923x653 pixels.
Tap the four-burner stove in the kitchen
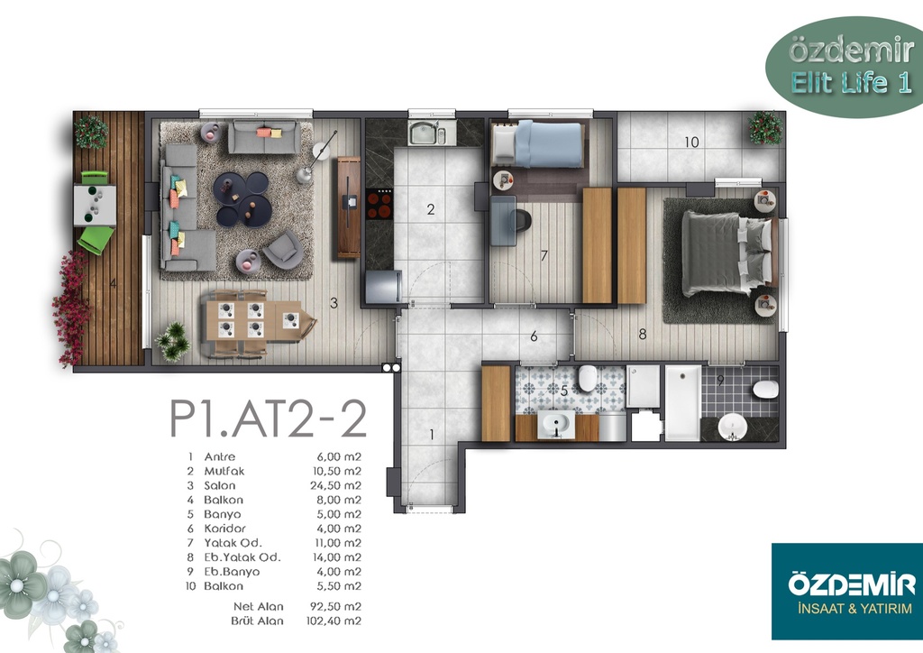click(x=379, y=205)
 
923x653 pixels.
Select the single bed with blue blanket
click(x=537, y=144)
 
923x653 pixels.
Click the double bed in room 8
click(x=727, y=253)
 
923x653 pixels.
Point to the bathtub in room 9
click(x=683, y=403)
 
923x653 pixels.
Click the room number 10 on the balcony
click(x=691, y=142)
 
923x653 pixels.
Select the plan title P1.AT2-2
click(x=269, y=418)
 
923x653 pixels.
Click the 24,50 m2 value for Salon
click(x=335, y=486)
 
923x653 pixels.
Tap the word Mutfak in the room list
click(x=224, y=471)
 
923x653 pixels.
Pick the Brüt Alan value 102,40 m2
click(x=334, y=621)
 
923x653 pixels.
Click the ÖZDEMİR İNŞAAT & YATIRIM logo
click(x=847, y=591)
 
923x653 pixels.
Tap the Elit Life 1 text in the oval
click(x=851, y=83)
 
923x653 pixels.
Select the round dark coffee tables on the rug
click(x=242, y=198)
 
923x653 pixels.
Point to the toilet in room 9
click(x=765, y=390)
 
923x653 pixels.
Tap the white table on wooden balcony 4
click(x=95, y=206)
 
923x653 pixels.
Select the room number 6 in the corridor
click(x=534, y=336)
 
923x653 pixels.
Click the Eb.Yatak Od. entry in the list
click(x=242, y=557)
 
